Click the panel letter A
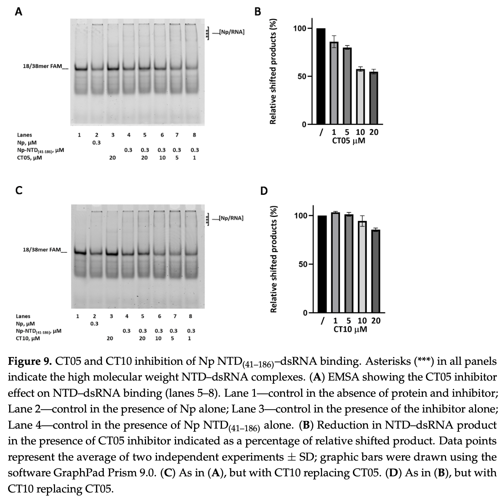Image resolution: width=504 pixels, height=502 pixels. (x=18, y=12)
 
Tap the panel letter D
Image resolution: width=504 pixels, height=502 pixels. (x=264, y=191)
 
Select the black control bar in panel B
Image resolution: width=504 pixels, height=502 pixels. (x=321, y=76)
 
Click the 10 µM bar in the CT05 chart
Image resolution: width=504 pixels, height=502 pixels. (x=361, y=97)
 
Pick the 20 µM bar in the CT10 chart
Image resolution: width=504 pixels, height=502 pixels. (x=376, y=271)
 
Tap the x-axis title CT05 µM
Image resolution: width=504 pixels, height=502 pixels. (x=348, y=141)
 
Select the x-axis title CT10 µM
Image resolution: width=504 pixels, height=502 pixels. (x=350, y=329)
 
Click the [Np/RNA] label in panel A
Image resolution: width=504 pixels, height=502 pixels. (x=231, y=32)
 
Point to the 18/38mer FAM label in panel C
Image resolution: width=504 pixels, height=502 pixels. (x=42, y=250)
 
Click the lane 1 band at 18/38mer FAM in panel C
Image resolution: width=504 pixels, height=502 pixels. (x=79, y=252)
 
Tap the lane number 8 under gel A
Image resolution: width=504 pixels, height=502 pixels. (x=194, y=135)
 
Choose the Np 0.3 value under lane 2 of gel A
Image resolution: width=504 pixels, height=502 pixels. (x=96, y=142)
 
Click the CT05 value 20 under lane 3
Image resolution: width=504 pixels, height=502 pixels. (x=113, y=158)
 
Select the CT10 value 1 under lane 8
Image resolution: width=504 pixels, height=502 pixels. (x=189, y=338)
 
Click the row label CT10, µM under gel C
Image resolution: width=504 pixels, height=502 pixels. (x=28, y=338)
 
